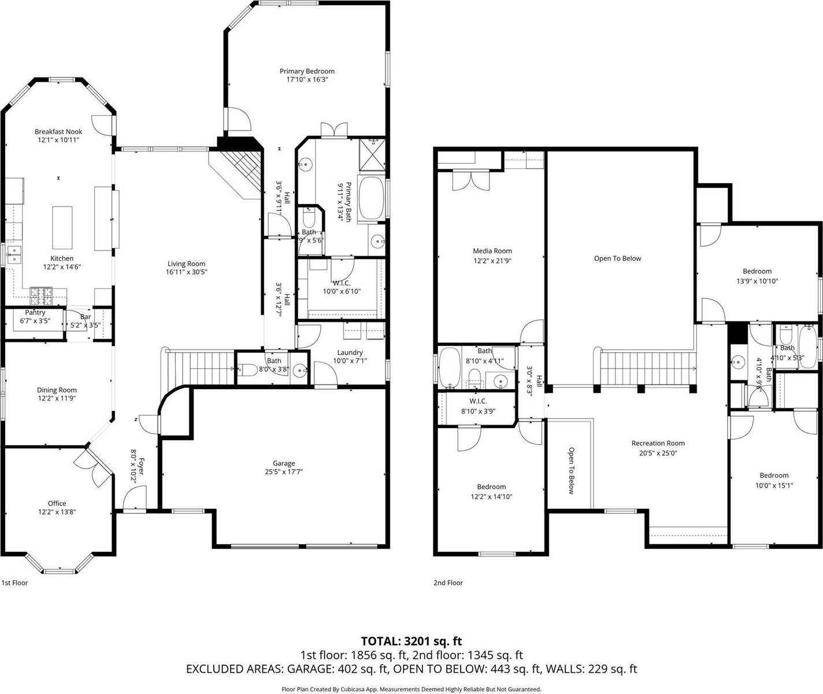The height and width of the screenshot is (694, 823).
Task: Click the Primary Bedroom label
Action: point(311,71)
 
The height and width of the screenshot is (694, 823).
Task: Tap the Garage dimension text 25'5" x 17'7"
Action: point(284,472)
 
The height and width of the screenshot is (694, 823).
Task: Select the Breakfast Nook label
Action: point(58,132)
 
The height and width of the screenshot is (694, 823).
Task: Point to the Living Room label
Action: point(186,264)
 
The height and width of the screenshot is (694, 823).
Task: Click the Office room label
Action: point(57,503)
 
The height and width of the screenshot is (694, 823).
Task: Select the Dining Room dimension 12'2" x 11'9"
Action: point(57,398)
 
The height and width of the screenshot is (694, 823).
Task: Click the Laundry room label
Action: point(350,352)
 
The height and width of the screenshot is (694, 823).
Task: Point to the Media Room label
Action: point(492,251)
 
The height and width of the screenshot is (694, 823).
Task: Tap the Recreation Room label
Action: point(658,444)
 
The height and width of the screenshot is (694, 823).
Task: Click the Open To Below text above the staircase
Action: point(617,259)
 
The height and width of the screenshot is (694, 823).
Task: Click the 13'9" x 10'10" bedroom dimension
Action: point(757,281)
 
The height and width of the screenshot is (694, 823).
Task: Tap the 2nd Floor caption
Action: point(448,583)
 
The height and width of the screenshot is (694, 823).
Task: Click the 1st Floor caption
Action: point(15,583)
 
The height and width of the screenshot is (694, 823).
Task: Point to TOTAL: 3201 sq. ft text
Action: point(411,641)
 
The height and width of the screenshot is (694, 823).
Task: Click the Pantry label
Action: point(35,312)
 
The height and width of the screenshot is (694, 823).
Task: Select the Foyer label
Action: point(139,463)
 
